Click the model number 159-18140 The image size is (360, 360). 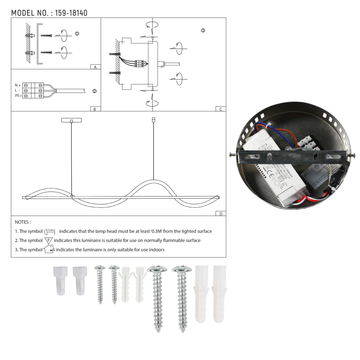click(71, 13)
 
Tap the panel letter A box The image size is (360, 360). click(95, 67)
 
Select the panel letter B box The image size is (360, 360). click(95, 109)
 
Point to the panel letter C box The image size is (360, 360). click(220, 109)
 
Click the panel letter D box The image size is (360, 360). click(221, 214)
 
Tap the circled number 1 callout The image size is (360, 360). click(77, 34)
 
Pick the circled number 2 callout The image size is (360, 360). click(94, 91)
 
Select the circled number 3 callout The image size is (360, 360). click(203, 30)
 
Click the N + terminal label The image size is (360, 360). click(18, 85)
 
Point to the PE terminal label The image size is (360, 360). click(18, 95)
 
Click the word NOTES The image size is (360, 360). click(22, 222)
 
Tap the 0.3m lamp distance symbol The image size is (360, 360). click(50, 231)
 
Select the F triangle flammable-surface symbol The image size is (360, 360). click(49, 240)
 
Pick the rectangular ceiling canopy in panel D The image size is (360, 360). click(71, 120)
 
